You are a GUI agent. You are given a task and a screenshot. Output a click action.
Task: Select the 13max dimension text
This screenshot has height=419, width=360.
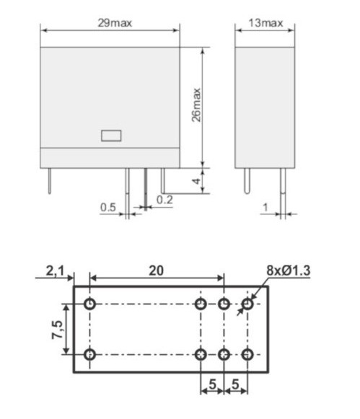click(266, 22)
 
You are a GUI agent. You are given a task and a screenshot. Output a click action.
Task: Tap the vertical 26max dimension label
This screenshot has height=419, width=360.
click(196, 105)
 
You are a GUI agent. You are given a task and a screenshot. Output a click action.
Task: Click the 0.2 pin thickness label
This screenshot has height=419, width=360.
click(164, 200)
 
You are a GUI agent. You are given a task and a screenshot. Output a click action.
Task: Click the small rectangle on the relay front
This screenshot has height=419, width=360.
click(110, 134)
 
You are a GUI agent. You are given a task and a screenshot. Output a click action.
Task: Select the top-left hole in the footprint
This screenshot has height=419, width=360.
click(89, 304)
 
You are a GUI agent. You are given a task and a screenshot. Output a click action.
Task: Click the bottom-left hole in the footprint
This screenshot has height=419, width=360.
click(89, 354)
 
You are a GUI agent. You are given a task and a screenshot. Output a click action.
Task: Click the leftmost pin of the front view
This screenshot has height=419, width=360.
click(48, 180)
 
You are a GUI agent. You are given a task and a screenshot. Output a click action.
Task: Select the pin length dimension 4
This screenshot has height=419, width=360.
click(196, 180)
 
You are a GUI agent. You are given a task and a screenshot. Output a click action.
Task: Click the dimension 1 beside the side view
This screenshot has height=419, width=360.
click(265, 208)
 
